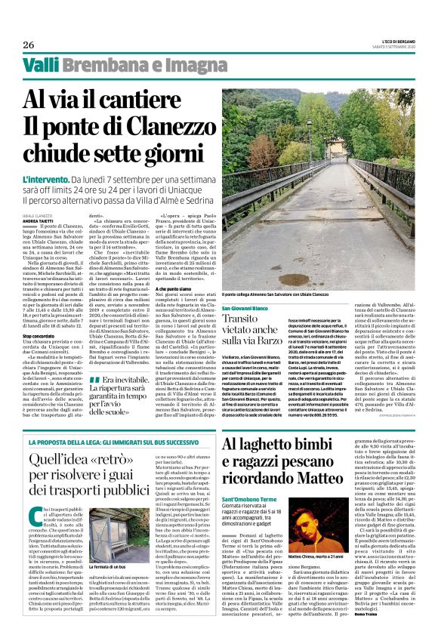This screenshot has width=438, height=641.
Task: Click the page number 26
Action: click(29, 45)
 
